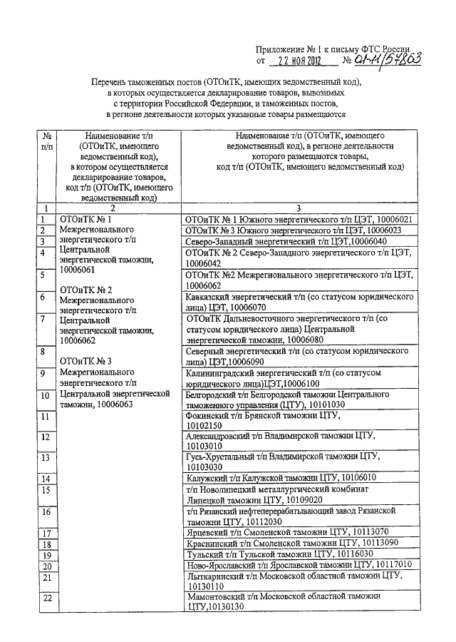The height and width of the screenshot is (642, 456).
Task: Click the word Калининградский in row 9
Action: [219, 372]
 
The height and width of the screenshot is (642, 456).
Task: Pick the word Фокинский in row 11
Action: [205, 414]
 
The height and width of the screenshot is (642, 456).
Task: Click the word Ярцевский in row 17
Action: [205, 532]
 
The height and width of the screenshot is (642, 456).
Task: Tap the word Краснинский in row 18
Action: [210, 543]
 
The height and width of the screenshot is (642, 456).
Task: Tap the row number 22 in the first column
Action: [47, 598]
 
